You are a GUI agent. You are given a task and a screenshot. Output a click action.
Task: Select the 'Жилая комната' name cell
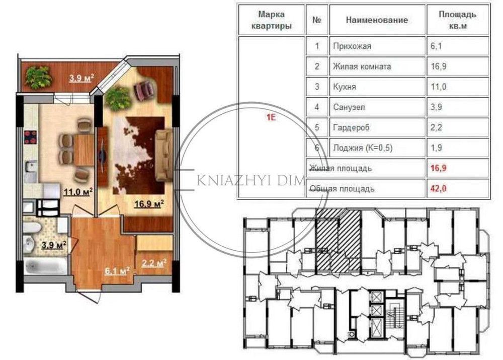point(362,66)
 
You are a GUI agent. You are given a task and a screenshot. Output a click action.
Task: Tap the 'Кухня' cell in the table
point(345,87)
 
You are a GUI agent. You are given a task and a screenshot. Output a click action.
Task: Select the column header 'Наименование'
point(377,20)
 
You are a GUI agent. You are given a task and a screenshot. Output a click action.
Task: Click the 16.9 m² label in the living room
point(149,203)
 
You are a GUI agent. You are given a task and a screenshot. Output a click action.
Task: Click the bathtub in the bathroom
point(44,266)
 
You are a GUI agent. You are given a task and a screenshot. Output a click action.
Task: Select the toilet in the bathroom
point(30,231)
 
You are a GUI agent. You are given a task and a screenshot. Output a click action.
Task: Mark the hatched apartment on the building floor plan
point(338,239)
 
